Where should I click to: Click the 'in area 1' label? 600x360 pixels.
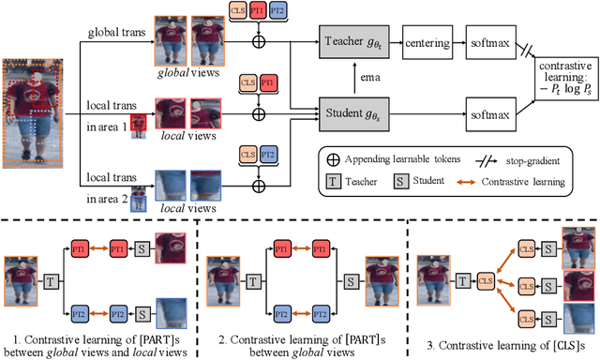[105, 125]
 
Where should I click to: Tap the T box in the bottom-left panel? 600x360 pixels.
[48, 279]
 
